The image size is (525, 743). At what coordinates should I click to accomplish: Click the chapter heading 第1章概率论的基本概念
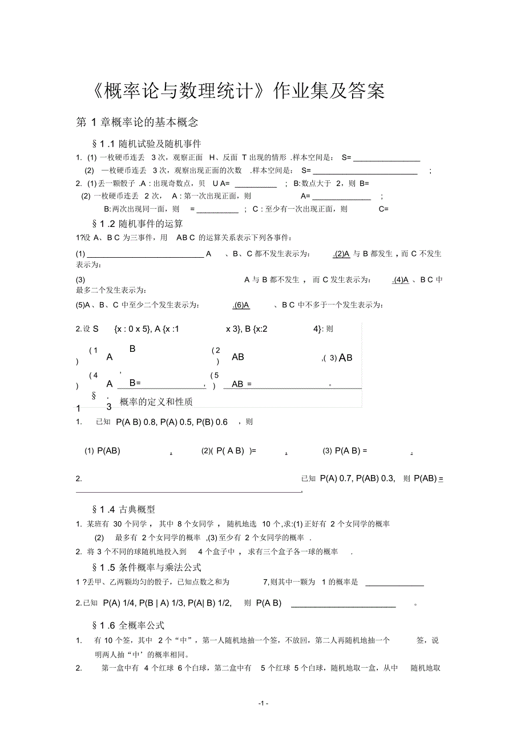tap(137, 122)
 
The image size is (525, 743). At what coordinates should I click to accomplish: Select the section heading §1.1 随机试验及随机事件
tap(146, 144)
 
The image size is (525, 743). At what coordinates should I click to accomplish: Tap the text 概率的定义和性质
tap(156, 402)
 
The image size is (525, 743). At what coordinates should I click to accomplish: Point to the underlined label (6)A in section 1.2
tap(241, 305)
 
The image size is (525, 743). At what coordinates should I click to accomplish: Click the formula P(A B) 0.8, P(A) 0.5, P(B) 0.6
tap(171, 422)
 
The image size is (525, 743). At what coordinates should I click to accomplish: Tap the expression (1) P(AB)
tap(103, 450)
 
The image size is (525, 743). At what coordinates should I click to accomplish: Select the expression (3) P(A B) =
tap(345, 450)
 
